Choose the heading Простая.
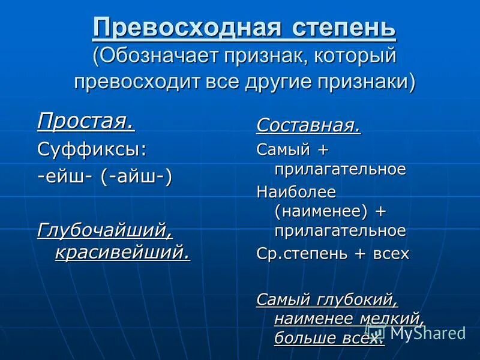[x=86, y=121]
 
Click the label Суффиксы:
[x=92, y=149]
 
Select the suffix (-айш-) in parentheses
[x=136, y=178]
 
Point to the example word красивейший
[x=122, y=252]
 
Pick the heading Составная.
[x=308, y=125]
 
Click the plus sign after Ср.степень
[x=359, y=254]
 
